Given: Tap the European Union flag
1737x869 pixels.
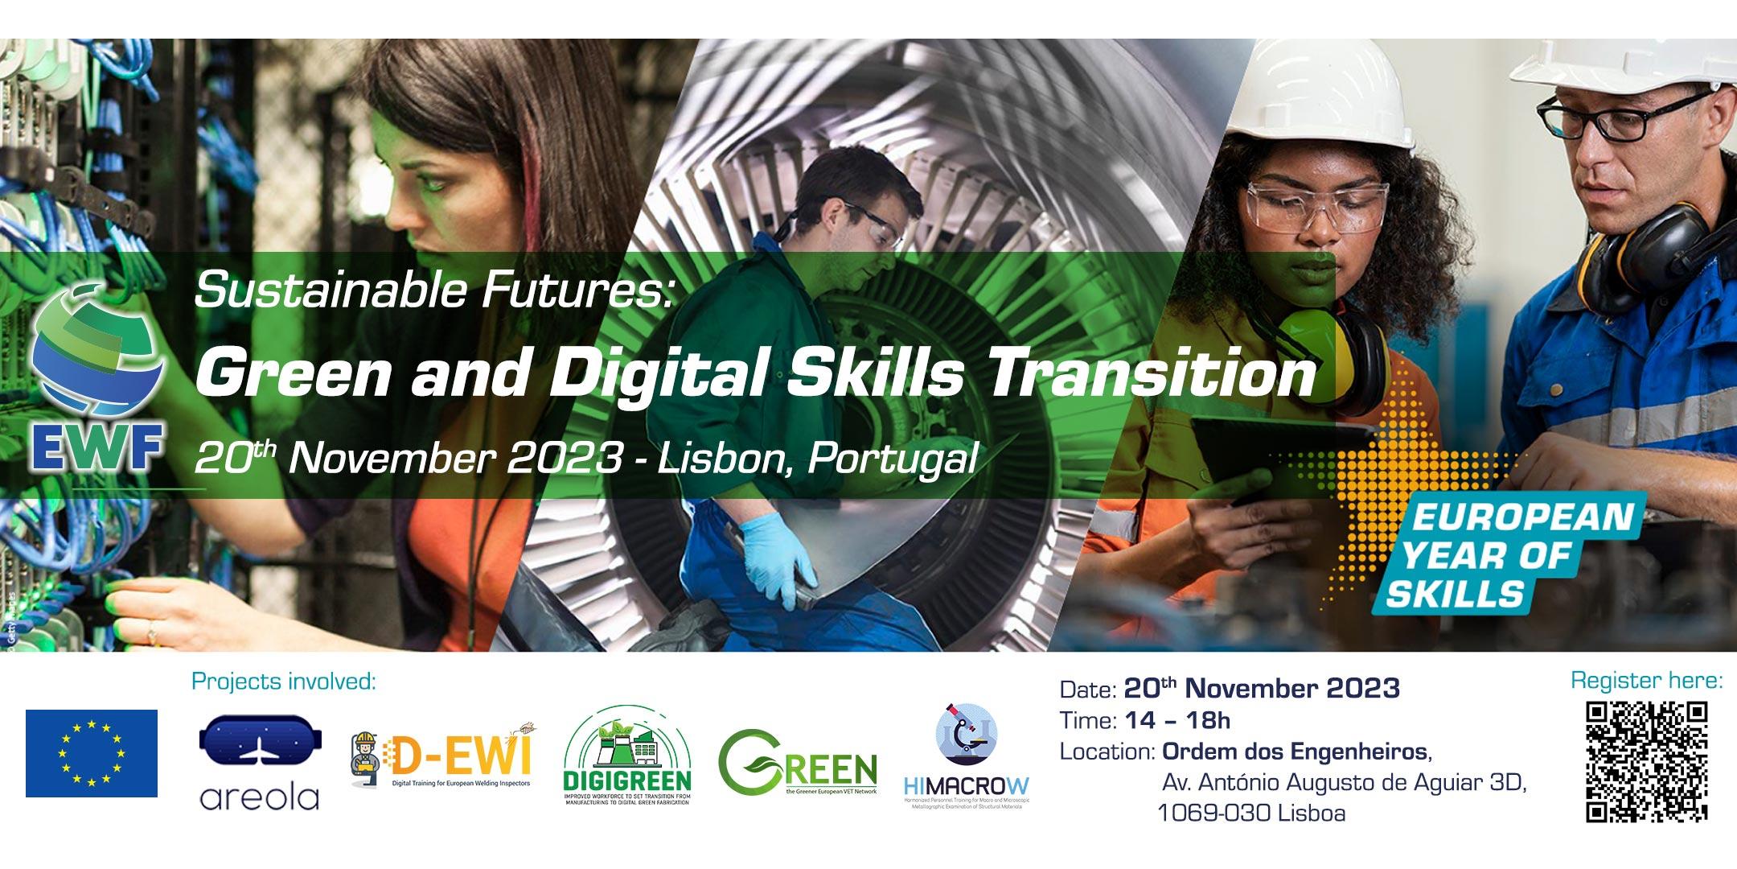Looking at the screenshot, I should point(92,753).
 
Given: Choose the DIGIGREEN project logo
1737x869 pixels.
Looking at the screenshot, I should point(627,760).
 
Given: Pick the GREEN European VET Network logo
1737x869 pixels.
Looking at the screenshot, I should point(797,763).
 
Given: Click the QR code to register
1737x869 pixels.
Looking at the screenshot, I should point(1646,761).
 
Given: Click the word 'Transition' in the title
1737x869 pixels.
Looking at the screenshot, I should point(1149,376).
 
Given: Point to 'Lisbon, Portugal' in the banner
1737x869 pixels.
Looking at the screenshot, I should point(817,459).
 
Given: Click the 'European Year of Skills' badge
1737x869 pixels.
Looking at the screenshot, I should point(1502,555).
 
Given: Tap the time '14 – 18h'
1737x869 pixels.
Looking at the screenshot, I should point(1179,720).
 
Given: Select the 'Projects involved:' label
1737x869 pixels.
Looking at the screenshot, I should point(284,682).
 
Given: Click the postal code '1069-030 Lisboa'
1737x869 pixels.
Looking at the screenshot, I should point(1250,813).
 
